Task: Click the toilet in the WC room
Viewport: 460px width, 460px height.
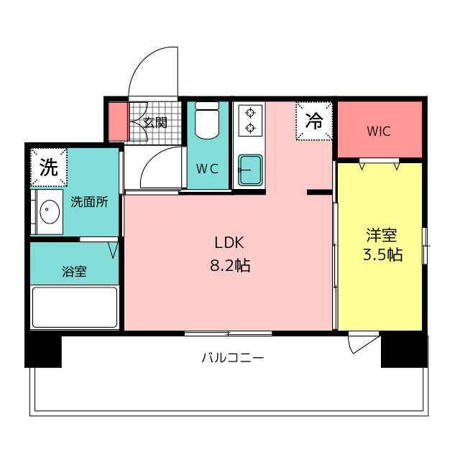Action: pos(207,120)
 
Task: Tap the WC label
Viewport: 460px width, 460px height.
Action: pos(208,169)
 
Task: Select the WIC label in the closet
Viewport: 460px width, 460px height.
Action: pos(379,132)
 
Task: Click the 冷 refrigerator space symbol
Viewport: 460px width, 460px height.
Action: pos(314,121)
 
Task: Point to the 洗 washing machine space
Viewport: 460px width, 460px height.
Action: pos(49,167)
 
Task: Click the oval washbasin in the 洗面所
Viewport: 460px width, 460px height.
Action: pos(50,211)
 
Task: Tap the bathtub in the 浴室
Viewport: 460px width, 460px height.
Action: pos(75,307)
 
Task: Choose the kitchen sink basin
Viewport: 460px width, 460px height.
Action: pos(250,170)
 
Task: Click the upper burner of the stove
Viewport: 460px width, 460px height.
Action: pos(250,112)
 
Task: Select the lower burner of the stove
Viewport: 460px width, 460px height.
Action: pos(250,128)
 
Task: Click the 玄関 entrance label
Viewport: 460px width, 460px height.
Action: pos(155,122)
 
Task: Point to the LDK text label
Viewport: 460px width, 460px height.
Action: pos(229,243)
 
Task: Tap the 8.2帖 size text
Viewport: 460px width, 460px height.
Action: pos(230,266)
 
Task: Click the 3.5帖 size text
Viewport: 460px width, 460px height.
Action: pos(383,254)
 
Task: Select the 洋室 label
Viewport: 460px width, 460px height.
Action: pos(382,235)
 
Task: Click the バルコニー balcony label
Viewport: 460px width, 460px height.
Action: pos(233,358)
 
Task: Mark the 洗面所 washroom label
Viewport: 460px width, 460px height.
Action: pos(89,202)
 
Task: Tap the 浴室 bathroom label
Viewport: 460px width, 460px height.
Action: pos(74,272)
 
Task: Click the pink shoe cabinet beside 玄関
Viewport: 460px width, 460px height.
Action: pos(118,121)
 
